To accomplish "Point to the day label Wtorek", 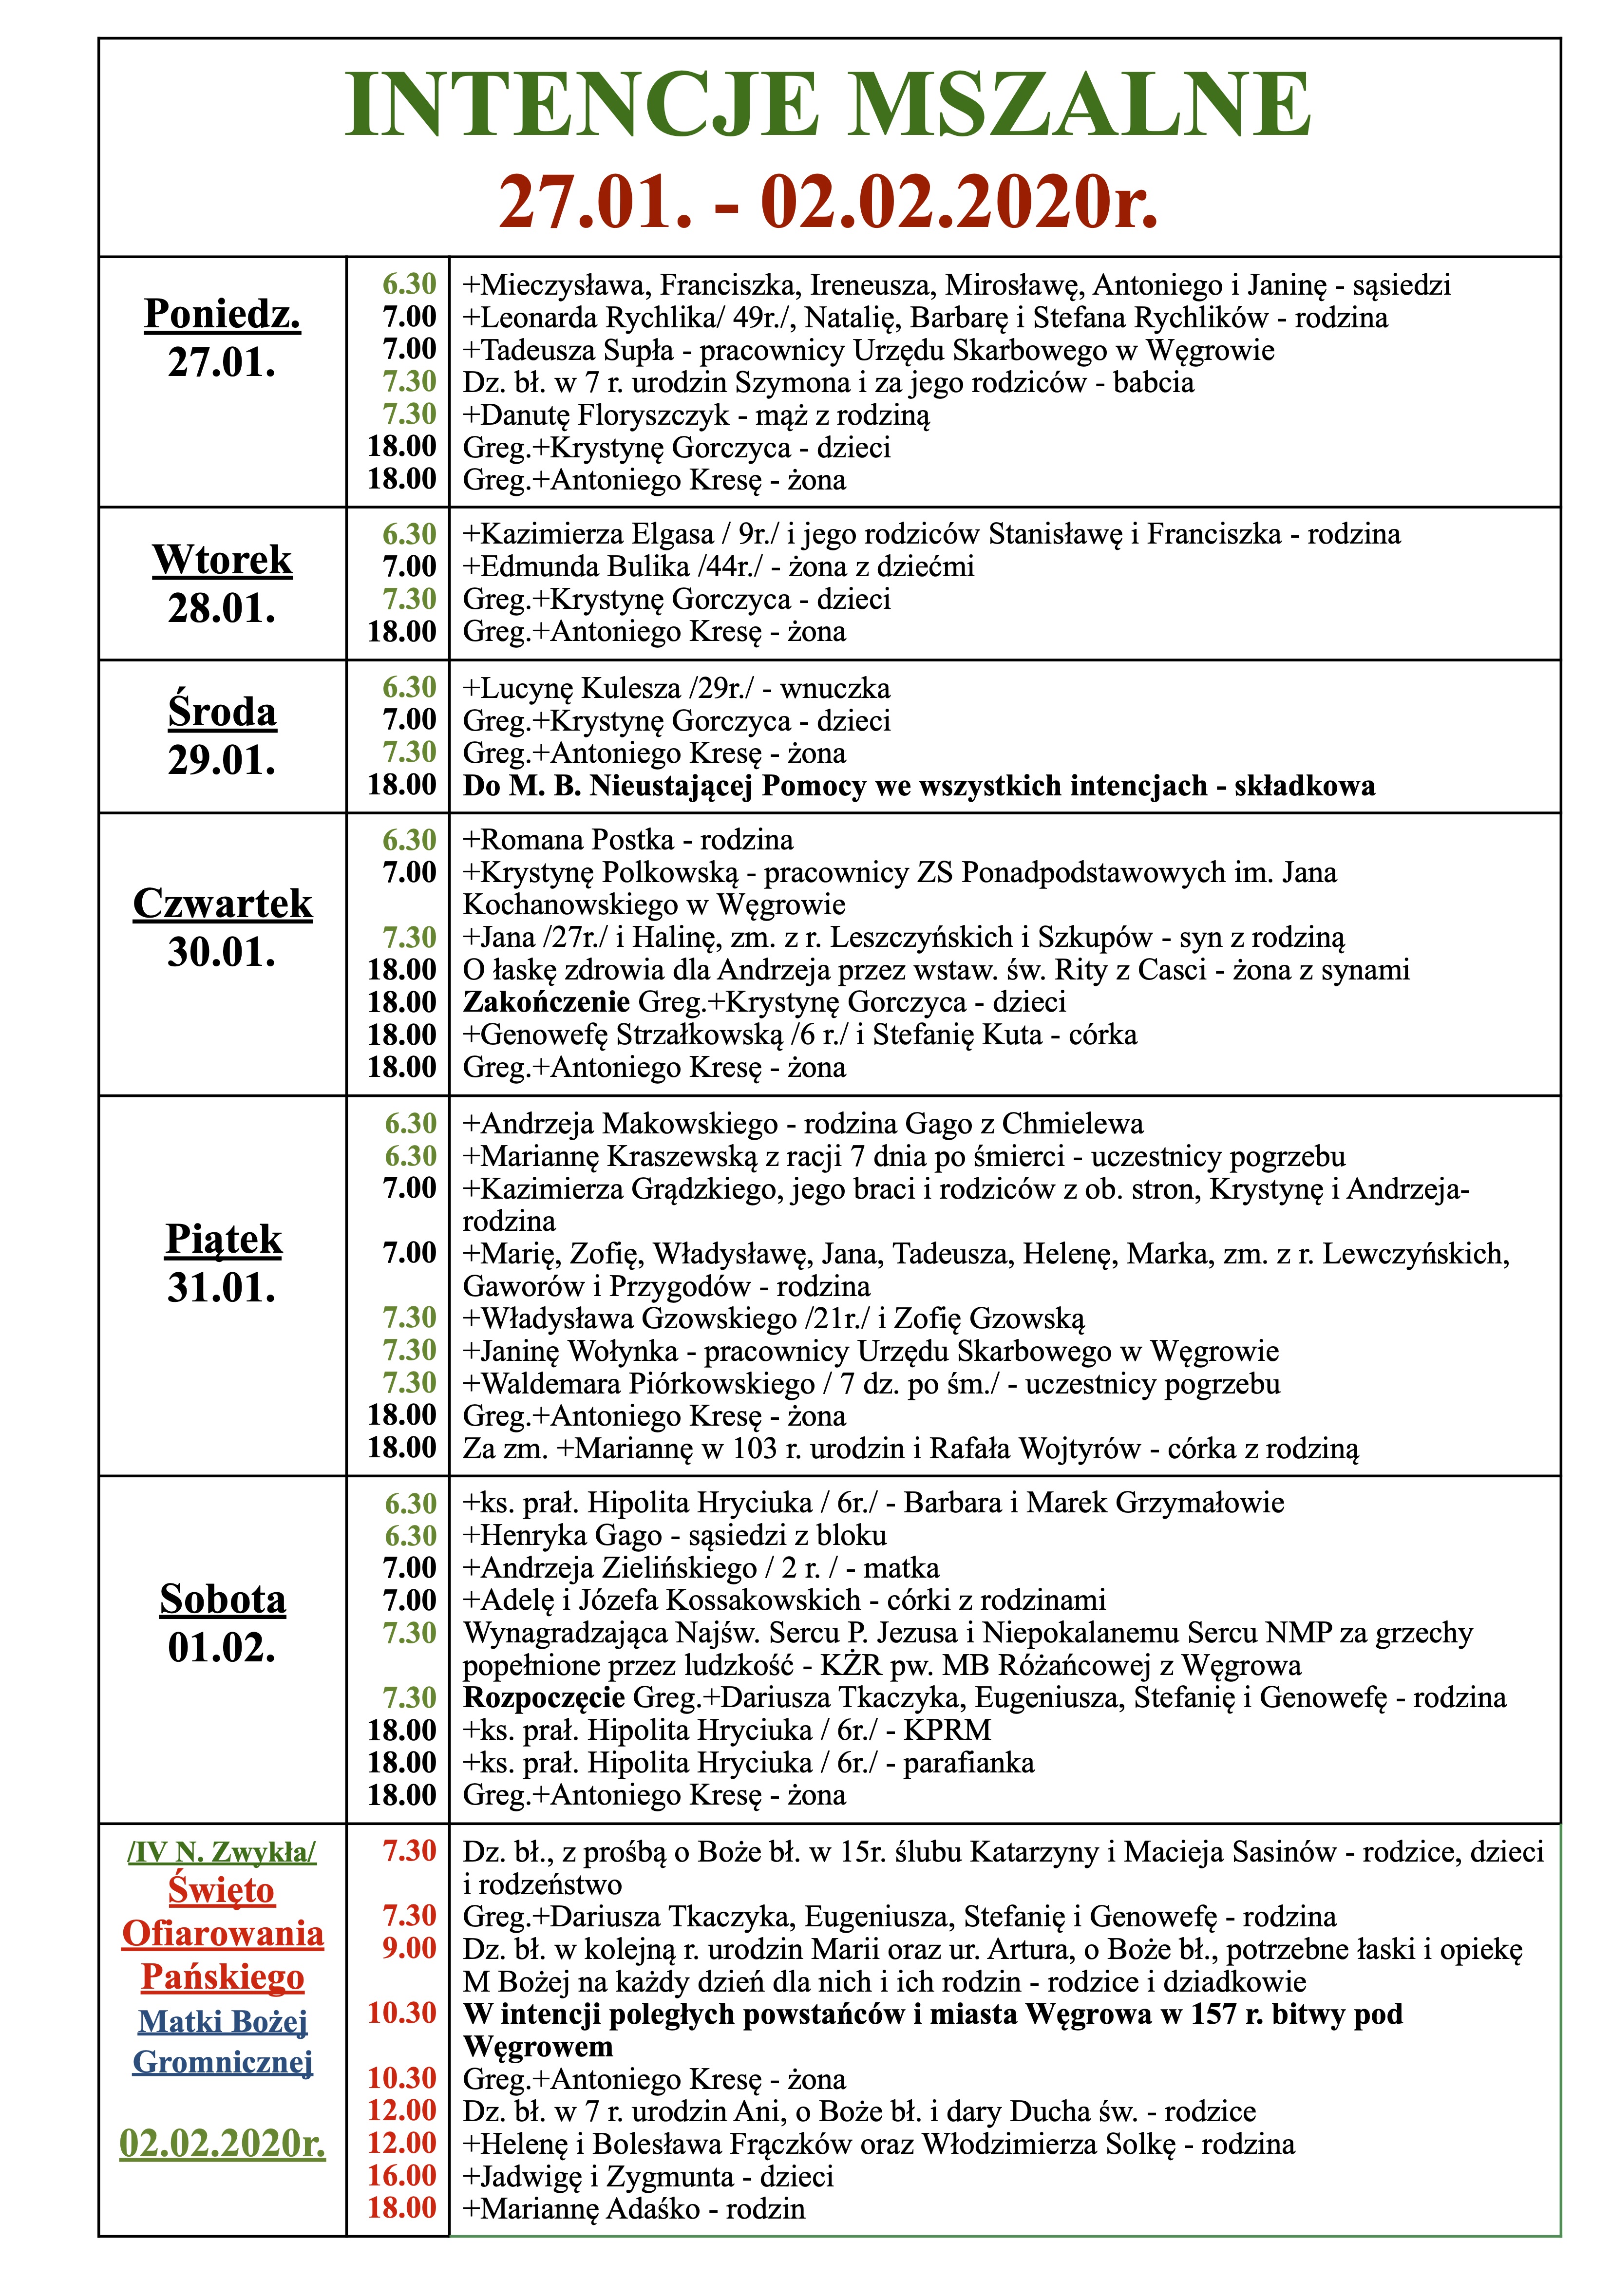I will coord(222,561).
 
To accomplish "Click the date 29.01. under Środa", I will coord(222,761).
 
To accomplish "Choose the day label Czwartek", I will coord(222,904).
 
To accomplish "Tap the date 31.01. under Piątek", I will coord(222,1288).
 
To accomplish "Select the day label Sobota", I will coord(222,1600).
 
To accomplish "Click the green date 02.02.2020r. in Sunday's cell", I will coord(222,2144).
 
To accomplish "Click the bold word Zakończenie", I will coord(546,1002).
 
